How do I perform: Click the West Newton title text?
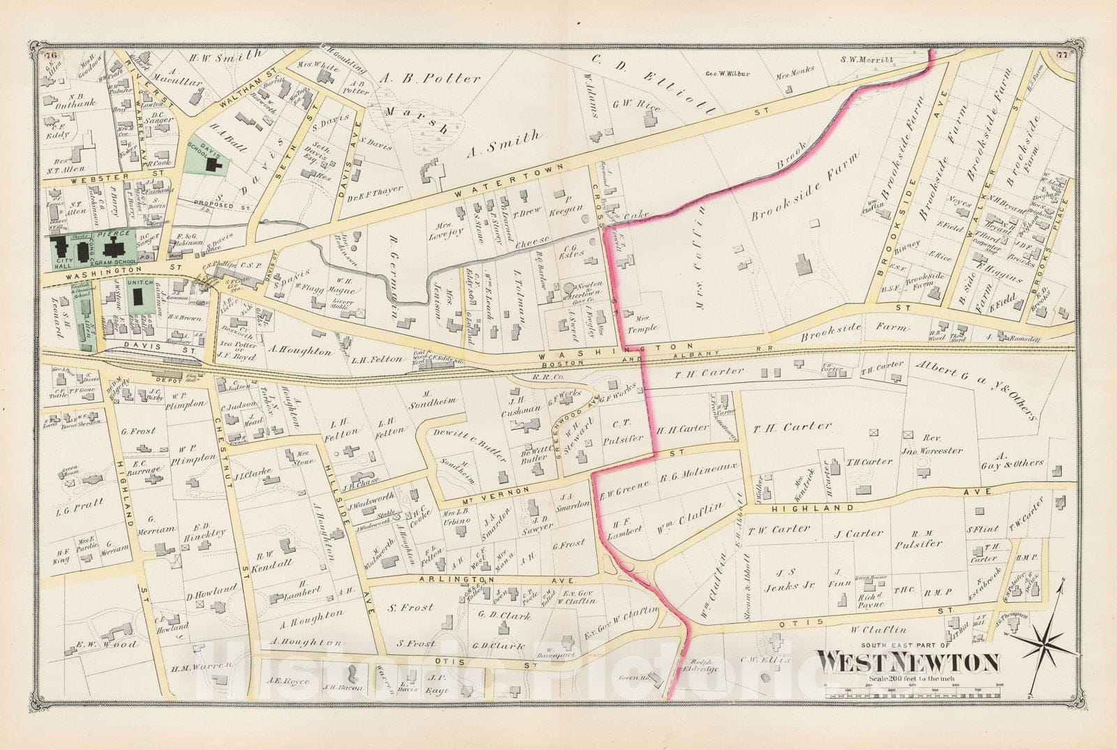908,661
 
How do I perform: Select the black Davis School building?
214,165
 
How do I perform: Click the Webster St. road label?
89,178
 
